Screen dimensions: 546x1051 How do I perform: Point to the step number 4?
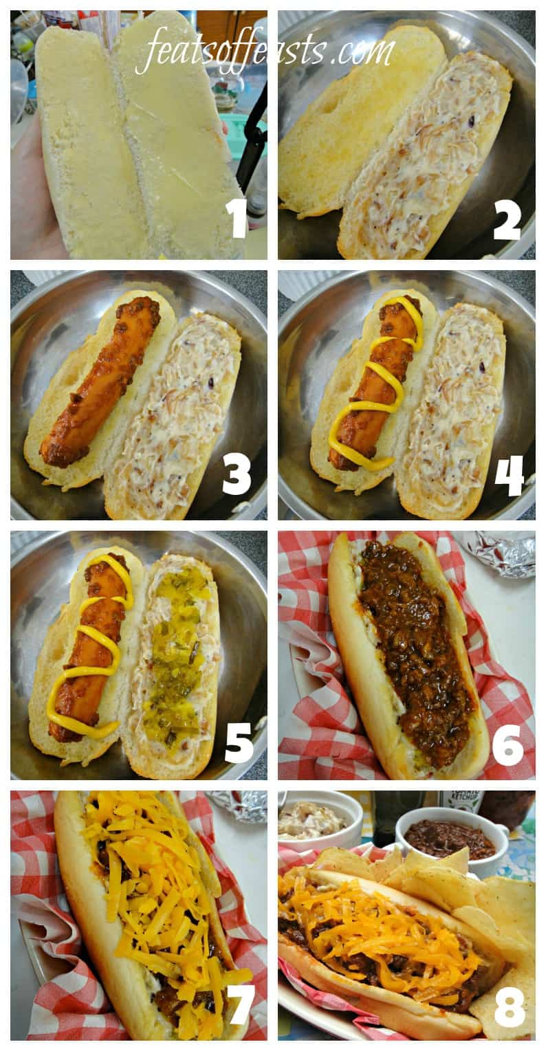[x=510, y=477]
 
